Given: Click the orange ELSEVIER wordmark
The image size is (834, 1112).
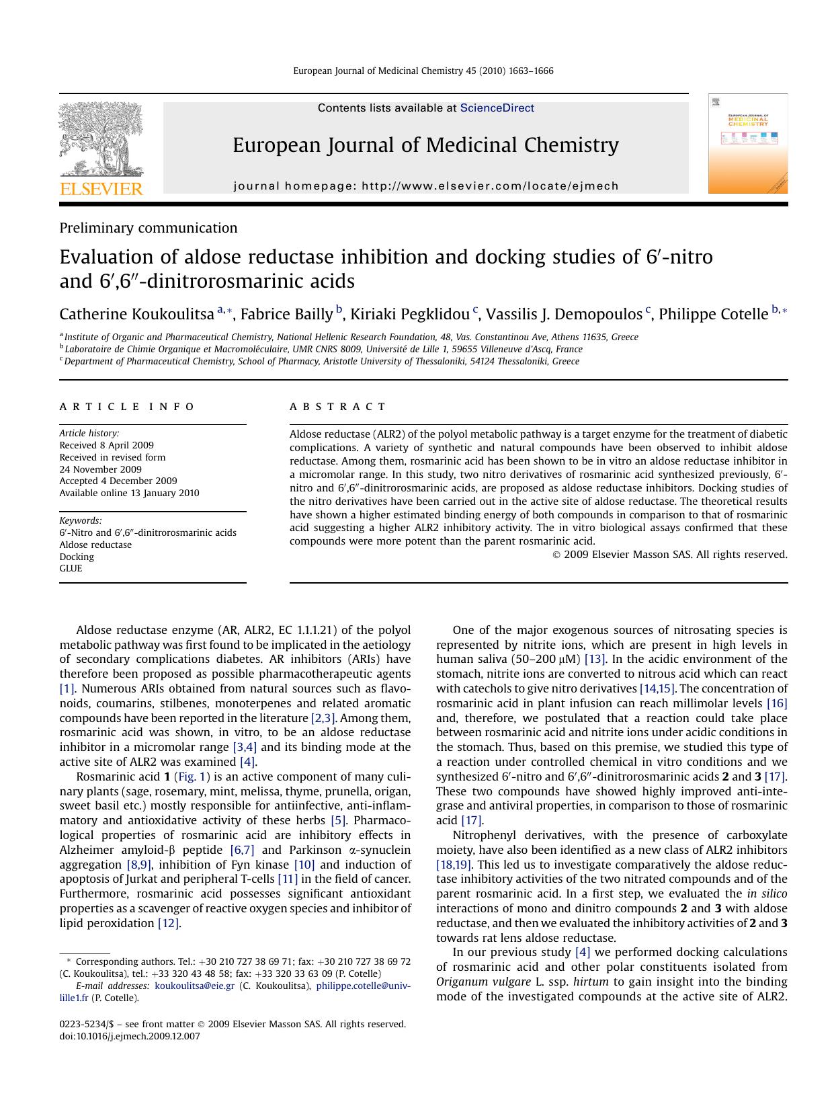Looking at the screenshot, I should tap(101, 189).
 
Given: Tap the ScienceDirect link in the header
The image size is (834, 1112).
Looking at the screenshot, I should tap(497, 108).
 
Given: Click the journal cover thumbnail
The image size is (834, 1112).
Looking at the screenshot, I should tap(747, 144).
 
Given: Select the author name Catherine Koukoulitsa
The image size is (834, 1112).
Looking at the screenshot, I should tap(136, 314).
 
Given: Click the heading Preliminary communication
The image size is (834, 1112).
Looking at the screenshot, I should tap(148, 228).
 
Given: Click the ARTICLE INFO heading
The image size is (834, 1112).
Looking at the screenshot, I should tap(127, 407).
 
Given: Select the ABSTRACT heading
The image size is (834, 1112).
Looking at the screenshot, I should tap(337, 407).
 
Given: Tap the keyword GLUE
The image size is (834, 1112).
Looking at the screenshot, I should tap(71, 568).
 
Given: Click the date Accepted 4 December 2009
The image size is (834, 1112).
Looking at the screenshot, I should tap(118, 481).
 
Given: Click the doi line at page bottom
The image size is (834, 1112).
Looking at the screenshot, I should tap(130, 1036).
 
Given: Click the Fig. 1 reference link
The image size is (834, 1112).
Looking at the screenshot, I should tap(192, 777).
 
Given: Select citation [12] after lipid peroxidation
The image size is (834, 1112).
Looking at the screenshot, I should tap(168, 923).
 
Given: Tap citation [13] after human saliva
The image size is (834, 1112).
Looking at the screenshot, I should tap(595, 660).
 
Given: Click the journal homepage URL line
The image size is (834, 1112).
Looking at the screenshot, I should tap(426, 186).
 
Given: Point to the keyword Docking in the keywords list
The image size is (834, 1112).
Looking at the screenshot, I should tap(77, 557).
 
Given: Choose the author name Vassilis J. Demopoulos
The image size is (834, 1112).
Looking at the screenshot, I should tap(563, 314).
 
